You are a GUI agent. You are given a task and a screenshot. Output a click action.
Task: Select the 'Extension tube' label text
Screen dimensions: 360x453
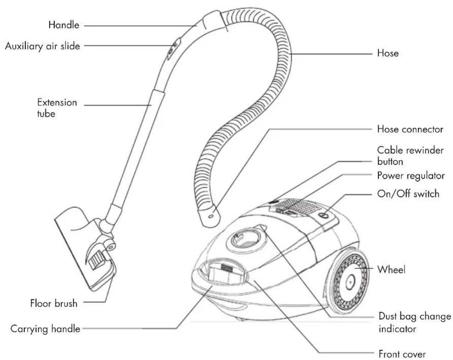click(x=57, y=108)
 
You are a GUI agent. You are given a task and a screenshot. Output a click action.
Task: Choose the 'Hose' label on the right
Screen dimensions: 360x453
click(x=388, y=54)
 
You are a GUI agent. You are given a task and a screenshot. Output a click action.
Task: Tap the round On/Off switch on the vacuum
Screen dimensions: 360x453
click(x=323, y=215)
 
